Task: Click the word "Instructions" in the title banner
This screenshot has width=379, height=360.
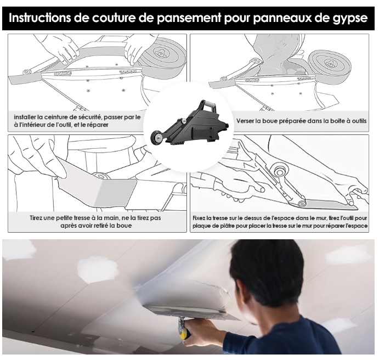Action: [x=40, y=18]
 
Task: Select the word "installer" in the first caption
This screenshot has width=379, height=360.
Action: [x=25, y=117]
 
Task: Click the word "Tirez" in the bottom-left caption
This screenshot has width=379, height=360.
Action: [x=37, y=218]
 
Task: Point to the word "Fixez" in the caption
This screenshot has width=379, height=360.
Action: [x=199, y=218]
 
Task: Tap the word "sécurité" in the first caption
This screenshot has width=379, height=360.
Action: [x=90, y=117]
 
